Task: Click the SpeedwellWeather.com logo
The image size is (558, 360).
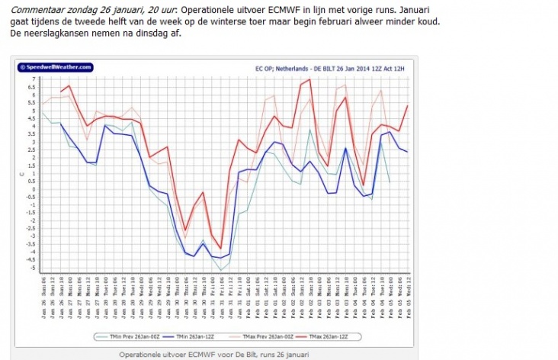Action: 54,67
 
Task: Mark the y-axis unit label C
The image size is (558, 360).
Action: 22,174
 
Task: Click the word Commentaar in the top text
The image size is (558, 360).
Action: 36,9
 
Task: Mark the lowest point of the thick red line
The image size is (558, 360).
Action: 221,249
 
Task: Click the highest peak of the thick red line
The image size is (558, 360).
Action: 309,79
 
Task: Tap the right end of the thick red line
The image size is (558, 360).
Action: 408,105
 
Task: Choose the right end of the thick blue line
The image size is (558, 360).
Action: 408,152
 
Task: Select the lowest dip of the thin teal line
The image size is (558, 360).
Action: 221,270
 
